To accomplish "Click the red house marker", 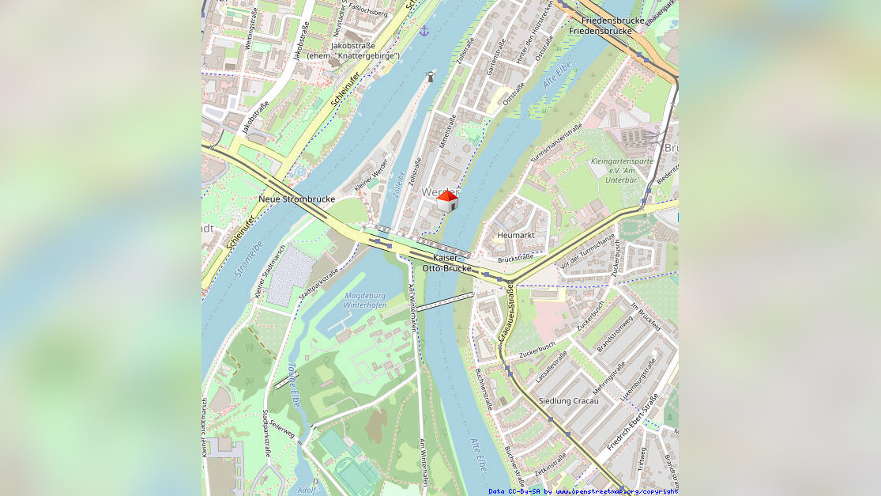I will pos(447,201).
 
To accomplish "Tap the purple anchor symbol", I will pos(424,31).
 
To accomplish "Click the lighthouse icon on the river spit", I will pos(431,77).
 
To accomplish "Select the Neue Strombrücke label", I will pos(297,199).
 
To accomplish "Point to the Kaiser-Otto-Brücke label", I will pos(447,263).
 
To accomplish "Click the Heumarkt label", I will pos(516,235).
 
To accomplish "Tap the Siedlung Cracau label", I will pos(568,401).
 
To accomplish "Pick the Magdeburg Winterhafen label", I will pos(366,301).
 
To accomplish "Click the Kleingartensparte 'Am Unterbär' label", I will pos(622,171).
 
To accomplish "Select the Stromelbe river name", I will pos(248,260).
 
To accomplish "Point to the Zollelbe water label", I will pos(399,184).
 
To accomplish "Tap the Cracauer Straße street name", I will pos(506,314).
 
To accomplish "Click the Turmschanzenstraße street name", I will pos(556,143).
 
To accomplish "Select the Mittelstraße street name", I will pos(447,133).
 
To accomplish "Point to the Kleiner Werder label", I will pos(371,174).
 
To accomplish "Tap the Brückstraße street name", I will pos(516,259).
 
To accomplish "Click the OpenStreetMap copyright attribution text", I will pos(582,491).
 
